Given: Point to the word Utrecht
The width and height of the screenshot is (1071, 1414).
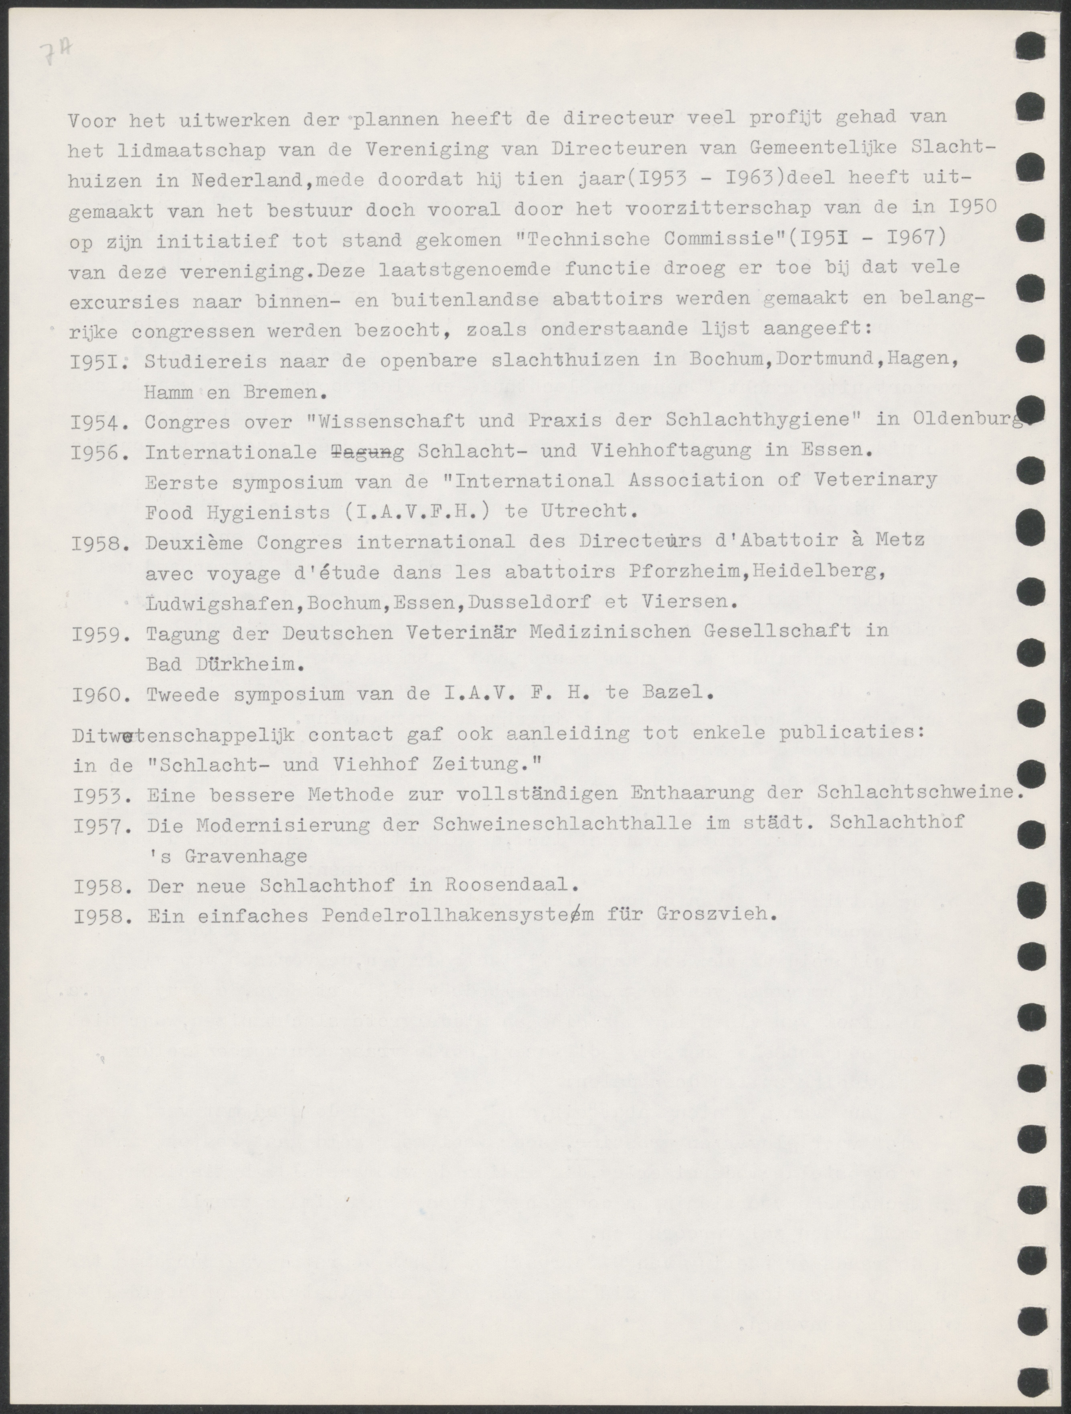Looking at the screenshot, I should click(591, 512).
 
